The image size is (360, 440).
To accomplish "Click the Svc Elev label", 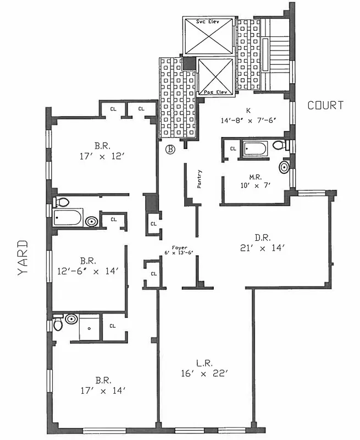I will coord(208,22).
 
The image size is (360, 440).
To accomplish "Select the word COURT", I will coord(325,105).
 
